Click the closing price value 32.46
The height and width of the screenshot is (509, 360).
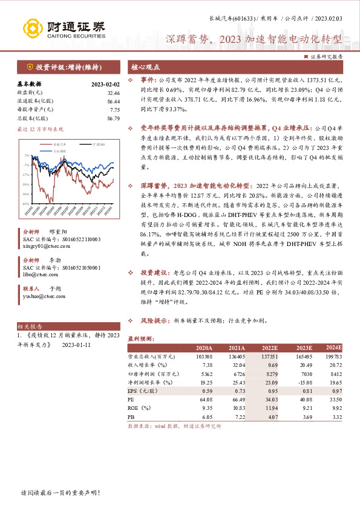click(113, 94)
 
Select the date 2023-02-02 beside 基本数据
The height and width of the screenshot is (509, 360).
click(105, 85)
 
